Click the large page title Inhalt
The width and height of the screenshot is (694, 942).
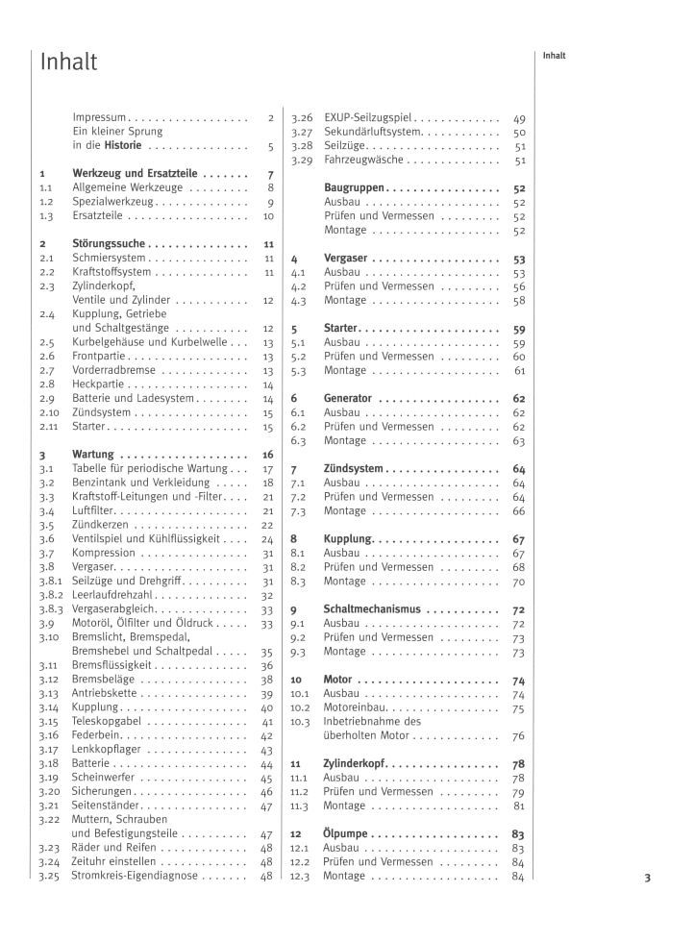68,62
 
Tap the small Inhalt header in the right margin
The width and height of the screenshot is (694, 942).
554,56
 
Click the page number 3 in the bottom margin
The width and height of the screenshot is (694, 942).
647,877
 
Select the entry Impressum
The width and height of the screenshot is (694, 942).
100,118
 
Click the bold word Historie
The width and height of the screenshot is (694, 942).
123,146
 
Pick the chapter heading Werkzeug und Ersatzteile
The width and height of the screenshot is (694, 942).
133,174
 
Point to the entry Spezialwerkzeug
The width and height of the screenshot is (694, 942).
113,202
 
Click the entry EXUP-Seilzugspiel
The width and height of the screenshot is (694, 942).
368,118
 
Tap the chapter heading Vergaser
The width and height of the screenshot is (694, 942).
347,259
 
